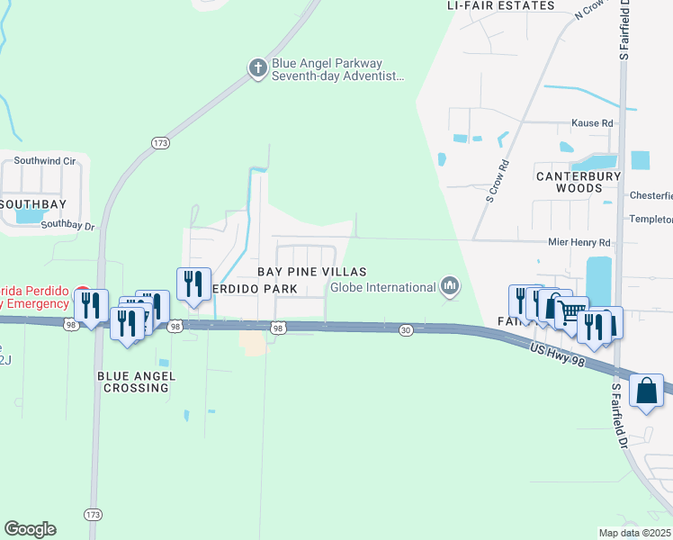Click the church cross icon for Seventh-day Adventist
coord(257,67)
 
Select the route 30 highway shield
coord(406,331)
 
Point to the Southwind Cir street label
coord(45,161)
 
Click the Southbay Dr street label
coord(67,226)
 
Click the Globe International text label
coord(383,288)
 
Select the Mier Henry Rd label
coord(579,243)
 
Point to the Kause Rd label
coord(592,123)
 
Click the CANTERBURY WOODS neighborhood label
coord(579,183)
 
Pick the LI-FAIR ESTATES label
coord(501,5)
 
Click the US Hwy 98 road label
coord(558,354)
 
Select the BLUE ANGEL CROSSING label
coord(136,382)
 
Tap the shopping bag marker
coord(647,391)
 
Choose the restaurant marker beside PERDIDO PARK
coord(193,283)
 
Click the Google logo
coord(30,529)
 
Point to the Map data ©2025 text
coord(635,533)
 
